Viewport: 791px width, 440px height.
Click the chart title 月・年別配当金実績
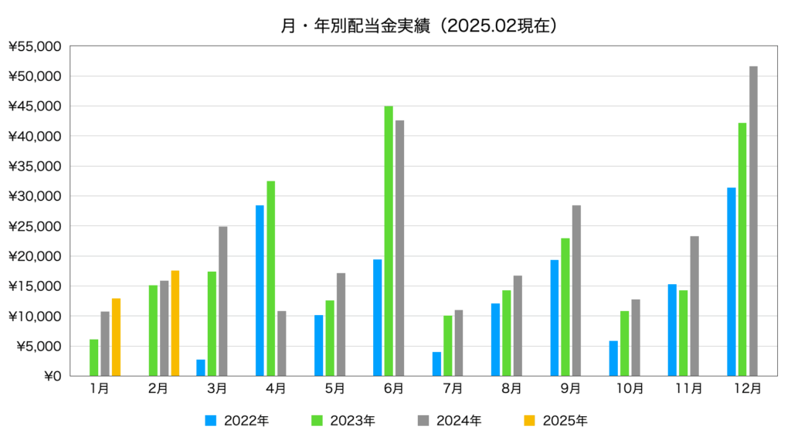355,25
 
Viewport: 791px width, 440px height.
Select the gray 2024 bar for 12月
753,221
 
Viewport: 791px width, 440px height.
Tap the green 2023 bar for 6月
389,241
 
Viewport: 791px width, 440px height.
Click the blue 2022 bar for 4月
260,290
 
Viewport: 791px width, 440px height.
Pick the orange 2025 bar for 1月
116,337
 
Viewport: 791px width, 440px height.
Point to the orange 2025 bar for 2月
175,323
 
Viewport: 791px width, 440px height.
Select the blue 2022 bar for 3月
201,367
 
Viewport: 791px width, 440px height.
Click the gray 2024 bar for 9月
576,290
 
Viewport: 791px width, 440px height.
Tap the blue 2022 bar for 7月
436,364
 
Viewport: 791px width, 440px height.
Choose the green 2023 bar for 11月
683,333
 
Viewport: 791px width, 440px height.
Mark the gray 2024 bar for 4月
281,344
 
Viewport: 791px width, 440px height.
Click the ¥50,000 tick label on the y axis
35,76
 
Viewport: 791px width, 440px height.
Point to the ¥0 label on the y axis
53,376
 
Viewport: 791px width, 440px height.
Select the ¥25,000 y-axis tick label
35,226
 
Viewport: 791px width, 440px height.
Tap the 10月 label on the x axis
630,388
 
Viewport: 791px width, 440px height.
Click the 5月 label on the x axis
335,388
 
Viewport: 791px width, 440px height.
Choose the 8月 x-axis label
511,388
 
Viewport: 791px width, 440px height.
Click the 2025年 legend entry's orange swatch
529,421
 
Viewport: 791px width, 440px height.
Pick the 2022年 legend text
246,421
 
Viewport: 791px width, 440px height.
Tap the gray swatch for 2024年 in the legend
423,421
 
